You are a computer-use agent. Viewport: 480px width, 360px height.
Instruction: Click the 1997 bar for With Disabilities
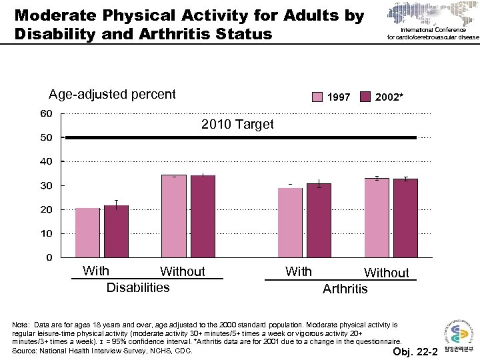[87, 233]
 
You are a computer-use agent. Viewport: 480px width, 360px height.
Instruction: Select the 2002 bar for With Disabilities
[116, 231]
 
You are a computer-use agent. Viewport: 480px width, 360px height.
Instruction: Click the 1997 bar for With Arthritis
[290, 222]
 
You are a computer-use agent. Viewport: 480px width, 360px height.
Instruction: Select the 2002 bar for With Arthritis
[319, 220]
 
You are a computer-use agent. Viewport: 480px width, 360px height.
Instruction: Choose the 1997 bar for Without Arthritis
[377, 217]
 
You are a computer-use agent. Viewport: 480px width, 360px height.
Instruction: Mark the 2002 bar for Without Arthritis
[405, 217]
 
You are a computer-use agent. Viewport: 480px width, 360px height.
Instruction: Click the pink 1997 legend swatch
[319, 97]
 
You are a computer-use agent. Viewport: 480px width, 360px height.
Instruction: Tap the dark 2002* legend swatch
[365, 97]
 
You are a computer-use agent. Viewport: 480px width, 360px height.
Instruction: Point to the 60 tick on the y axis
[46, 113]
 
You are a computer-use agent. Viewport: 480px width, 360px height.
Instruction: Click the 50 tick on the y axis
[46, 137]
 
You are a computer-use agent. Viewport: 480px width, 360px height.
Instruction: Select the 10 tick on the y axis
[46, 233]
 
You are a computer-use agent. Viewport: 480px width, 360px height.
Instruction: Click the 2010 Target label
[237, 125]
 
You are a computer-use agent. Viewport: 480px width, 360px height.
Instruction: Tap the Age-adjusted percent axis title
[112, 94]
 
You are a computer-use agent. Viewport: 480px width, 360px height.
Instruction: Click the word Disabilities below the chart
[138, 287]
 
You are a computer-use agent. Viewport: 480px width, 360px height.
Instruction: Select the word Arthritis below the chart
[345, 289]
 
